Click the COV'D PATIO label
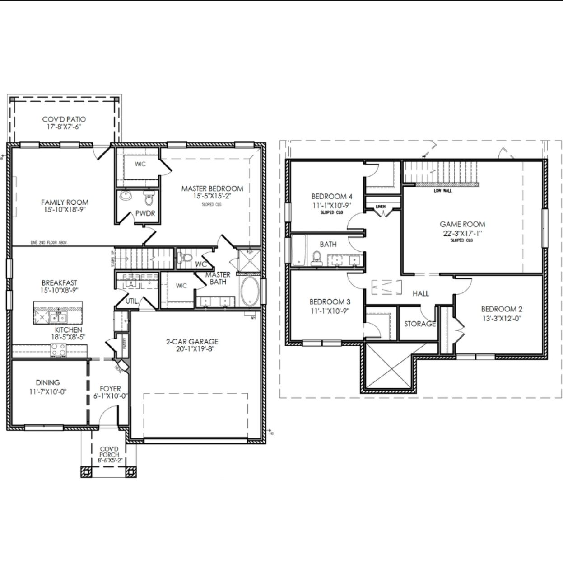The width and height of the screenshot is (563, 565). [x=64, y=119]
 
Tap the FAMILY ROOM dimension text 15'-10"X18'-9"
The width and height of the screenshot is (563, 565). [x=65, y=210]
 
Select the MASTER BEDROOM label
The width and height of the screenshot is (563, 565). [x=212, y=188]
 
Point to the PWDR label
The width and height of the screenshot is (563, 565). [x=145, y=213]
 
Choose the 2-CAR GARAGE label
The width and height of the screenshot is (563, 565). [x=192, y=342]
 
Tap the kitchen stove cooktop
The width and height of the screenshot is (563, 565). [x=58, y=349]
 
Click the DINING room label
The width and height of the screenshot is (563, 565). [x=48, y=382]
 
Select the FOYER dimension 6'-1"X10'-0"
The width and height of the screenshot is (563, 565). [x=108, y=396]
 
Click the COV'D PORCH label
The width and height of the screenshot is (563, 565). [x=110, y=452]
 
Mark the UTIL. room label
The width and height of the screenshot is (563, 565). [x=132, y=301]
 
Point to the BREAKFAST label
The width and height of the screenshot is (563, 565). [x=60, y=283]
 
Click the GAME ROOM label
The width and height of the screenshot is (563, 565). [x=462, y=224]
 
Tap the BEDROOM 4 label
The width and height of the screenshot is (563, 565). [x=332, y=196]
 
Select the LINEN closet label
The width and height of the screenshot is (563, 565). [x=381, y=207]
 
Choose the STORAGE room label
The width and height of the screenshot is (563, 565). [x=420, y=324]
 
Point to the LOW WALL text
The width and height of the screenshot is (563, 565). [x=442, y=191]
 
